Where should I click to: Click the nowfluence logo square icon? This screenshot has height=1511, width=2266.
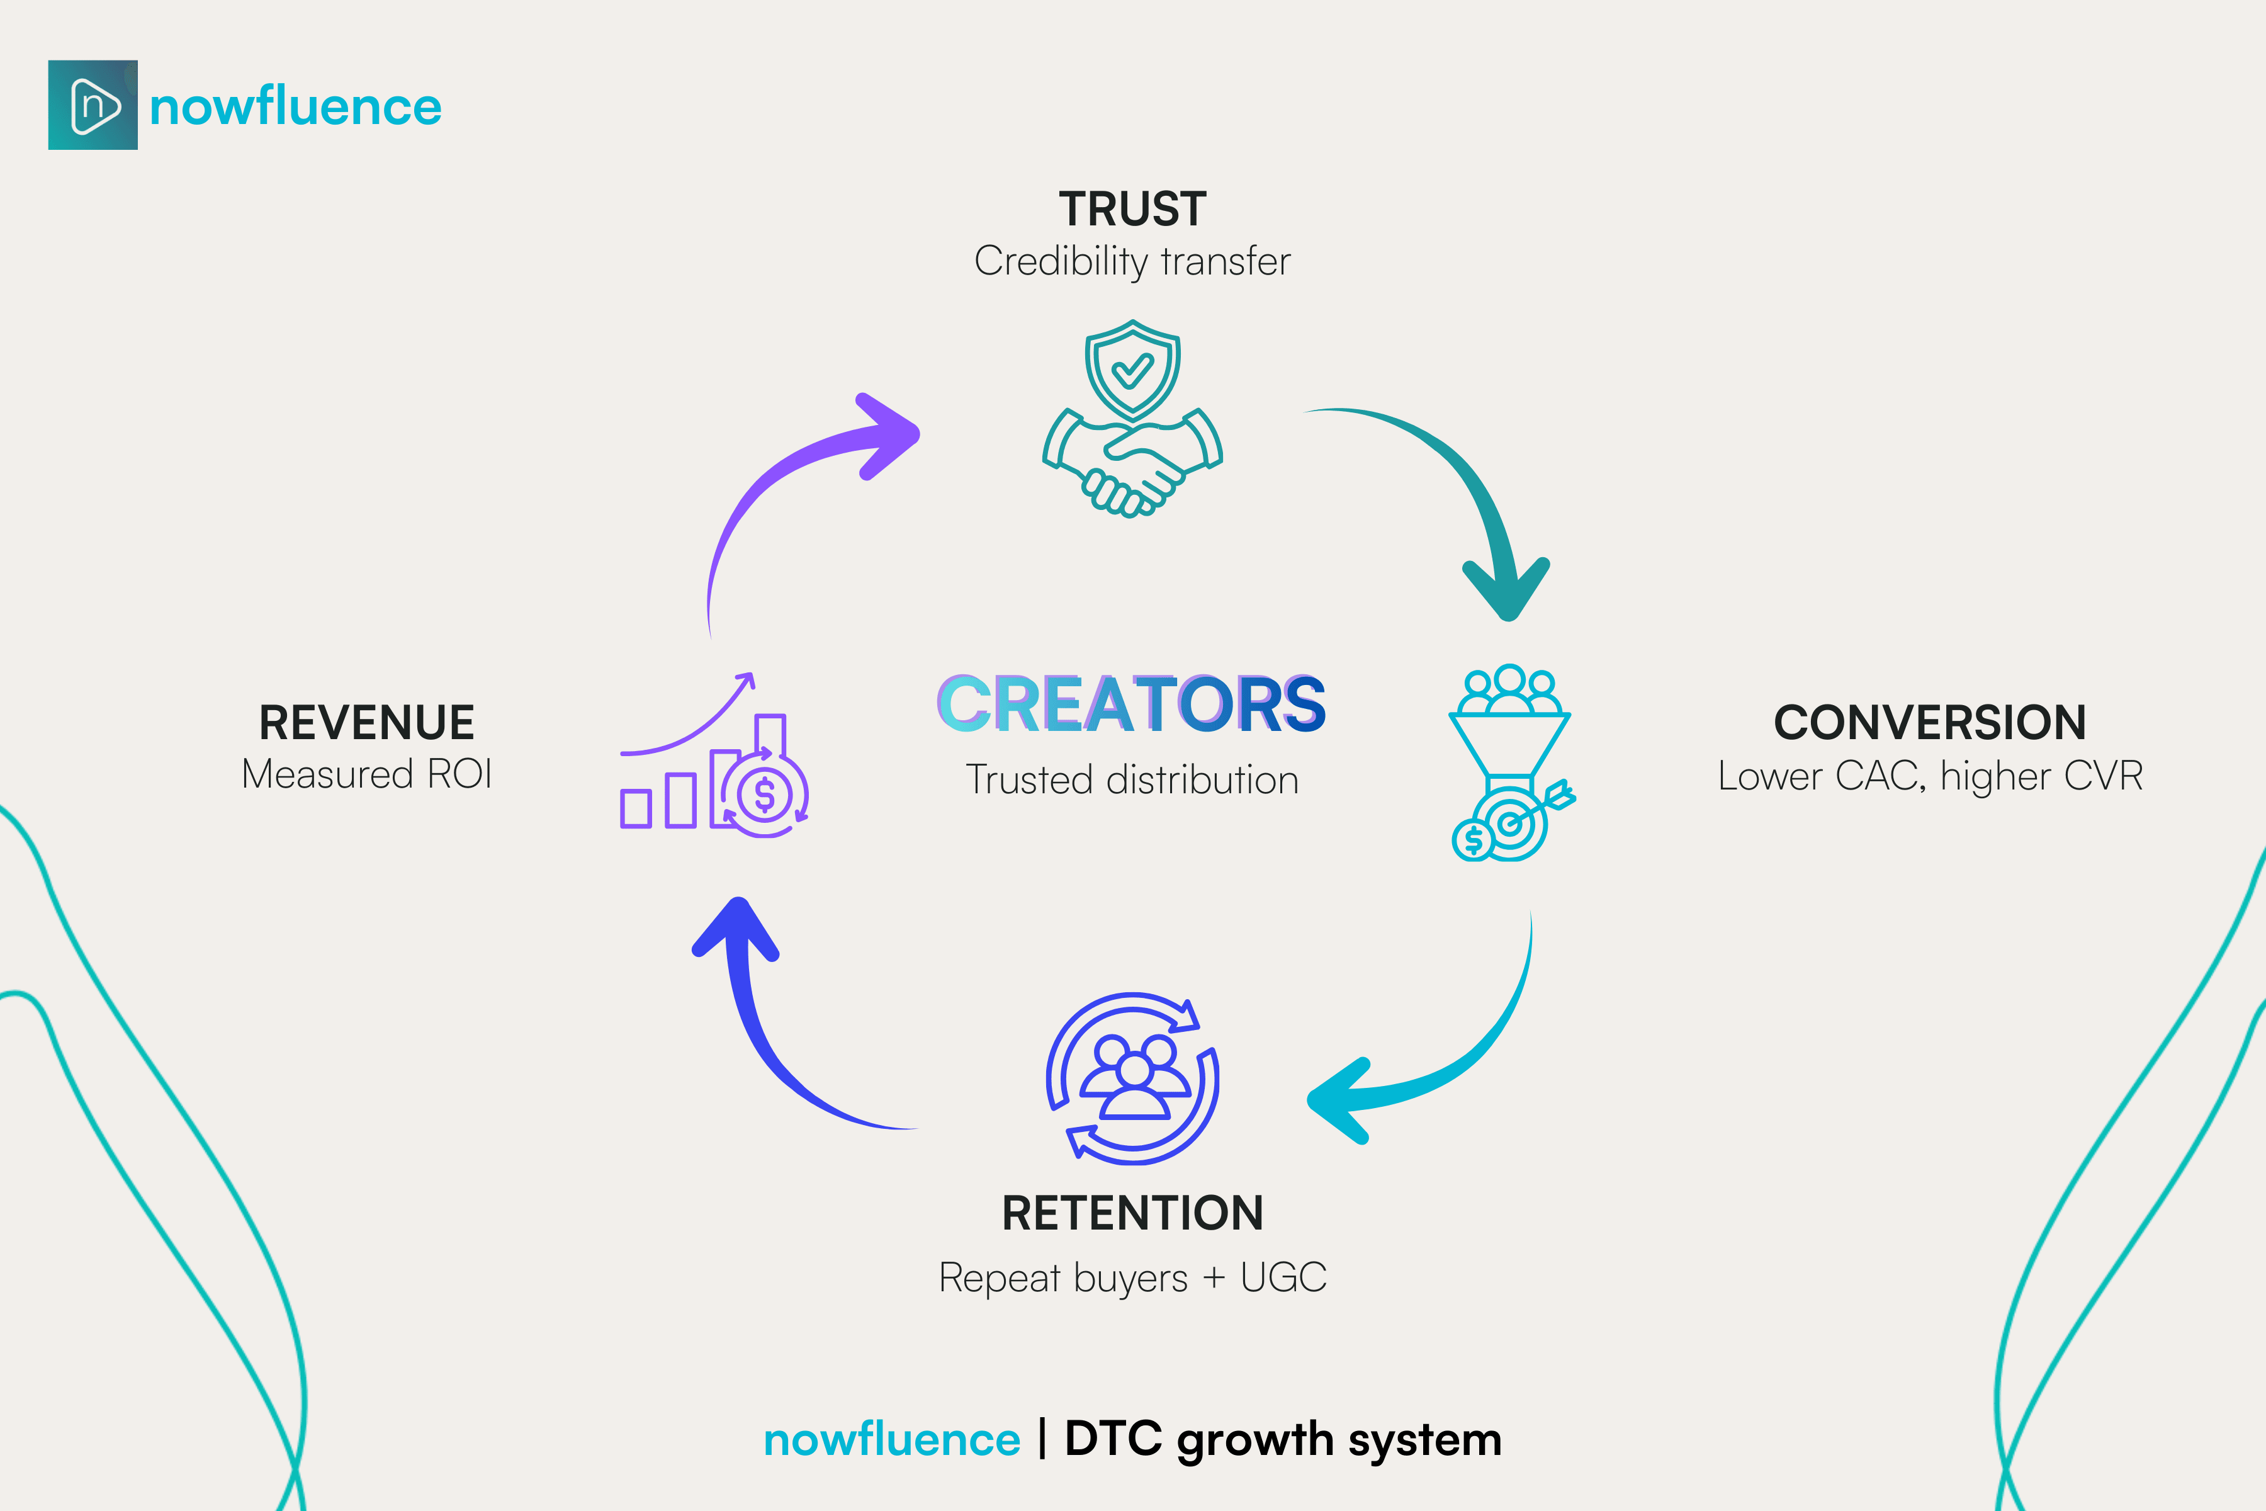click(x=93, y=105)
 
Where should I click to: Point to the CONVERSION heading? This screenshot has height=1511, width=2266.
click(x=1930, y=723)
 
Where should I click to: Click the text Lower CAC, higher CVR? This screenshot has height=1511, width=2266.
click(x=1930, y=776)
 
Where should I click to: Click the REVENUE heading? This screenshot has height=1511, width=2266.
click(x=366, y=723)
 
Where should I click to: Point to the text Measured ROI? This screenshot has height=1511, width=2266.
click(x=366, y=774)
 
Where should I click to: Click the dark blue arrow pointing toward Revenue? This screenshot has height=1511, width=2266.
click(x=770, y=1041)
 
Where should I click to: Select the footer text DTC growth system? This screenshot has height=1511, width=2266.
click(x=1282, y=1440)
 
